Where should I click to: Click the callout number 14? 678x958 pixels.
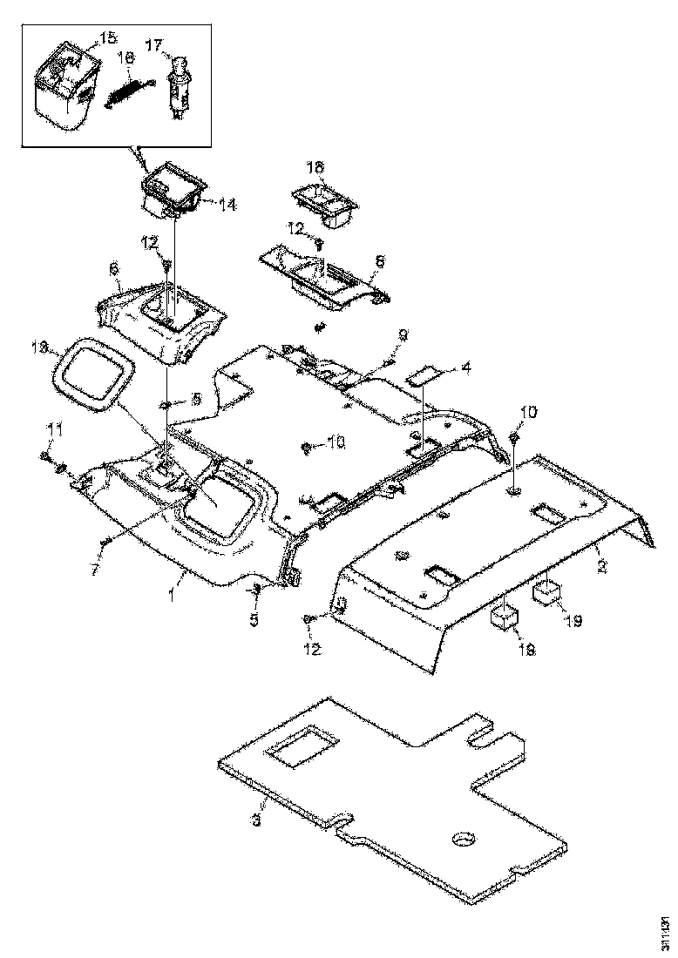(x=227, y=206)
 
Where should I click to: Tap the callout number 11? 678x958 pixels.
(x=55, y=428)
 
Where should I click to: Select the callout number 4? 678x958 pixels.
(x=466, y=368)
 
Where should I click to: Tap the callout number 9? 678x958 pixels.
(x=403, y=334)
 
